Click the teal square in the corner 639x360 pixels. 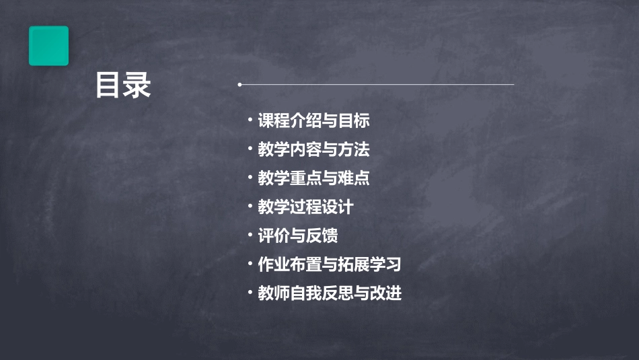(48, 46)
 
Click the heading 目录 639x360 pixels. (123, 85)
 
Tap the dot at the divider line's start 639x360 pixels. (239, 85)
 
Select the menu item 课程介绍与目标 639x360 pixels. (313, 121)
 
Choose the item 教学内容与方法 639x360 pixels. (313, 149)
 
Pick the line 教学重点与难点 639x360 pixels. (313, 178)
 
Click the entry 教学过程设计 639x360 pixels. (305, 207)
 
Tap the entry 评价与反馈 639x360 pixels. (297, 236)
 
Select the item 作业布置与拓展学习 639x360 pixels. (330, 264)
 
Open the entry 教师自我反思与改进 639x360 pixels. (330, 293)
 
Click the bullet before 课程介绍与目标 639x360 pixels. (250, 120)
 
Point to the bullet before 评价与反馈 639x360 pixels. (250, 235)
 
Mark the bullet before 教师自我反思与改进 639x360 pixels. (250, 292)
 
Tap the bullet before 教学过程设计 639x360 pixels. (250, 206)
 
